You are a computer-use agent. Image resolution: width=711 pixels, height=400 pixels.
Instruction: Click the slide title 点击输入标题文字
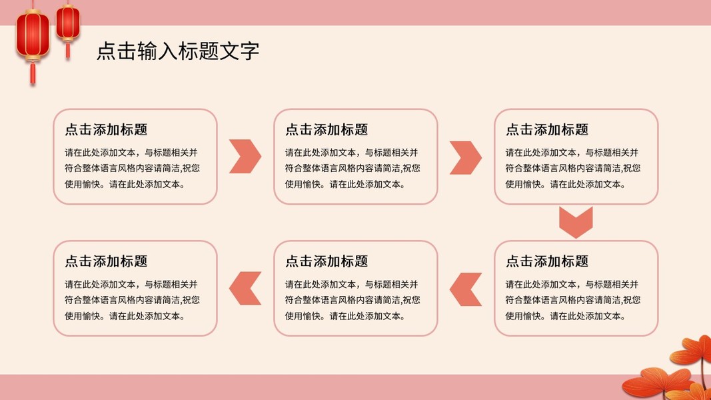(x=178, y=51)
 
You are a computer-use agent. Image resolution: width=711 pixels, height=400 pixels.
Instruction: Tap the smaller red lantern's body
(x=67, y=23)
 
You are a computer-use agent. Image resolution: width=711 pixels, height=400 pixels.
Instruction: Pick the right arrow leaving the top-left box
(x=245, y=157)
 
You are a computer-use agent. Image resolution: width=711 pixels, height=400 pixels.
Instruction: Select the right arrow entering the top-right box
(x=465, y=157)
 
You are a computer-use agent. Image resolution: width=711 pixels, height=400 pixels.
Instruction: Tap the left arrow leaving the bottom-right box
(x=465, y=289)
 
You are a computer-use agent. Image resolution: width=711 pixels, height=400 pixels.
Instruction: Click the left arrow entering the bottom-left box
(x=245, y=289)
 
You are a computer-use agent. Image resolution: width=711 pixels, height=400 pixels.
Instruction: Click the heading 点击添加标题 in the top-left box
(x=106, y=130)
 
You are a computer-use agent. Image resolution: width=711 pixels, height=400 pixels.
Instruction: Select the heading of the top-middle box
(x=327, y=130)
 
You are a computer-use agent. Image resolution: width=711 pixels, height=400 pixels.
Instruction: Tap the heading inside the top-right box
(x=547, y=130)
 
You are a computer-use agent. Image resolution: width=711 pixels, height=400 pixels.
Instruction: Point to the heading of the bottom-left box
(x=106, y=261)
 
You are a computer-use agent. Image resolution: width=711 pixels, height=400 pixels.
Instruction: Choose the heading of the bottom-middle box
(x=327, y=261)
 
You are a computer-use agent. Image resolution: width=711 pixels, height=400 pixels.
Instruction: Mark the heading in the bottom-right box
(x=547, y=261)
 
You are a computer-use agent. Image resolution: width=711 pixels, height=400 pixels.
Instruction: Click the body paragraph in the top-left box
(x=132, y=169)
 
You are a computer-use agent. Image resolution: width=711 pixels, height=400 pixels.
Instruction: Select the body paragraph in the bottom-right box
(x=572, y=300)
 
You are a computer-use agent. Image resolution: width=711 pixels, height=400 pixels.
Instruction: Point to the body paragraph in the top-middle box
(x=353, y=169)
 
